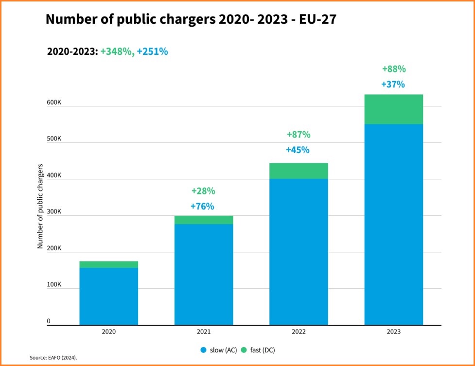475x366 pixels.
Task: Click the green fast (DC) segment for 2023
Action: (x=393, y=109)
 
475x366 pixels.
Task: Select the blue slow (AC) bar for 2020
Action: (x=108, y=296)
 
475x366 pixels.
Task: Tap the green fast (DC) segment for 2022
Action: (x=298, y=171)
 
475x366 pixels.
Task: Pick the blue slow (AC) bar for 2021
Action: (x=203, y=274)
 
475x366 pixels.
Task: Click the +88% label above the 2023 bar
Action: (x=393, y=69)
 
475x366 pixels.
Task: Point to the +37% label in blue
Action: (x=393, y=84)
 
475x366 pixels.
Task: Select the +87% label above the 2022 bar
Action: (x=298, y=134)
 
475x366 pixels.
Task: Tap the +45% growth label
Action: (x=298, y=150)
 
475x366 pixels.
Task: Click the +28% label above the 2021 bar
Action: (x=203, y=191)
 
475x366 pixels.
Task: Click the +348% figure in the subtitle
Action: (x=117, y=52)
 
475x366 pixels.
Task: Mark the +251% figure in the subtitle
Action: (x=152, y=52)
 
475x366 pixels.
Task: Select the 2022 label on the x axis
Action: (x=298, y=332)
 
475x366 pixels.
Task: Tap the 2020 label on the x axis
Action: (x=108, y=332)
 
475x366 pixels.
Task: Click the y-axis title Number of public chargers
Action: (x=40, y=207)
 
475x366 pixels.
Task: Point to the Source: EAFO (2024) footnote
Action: (x=53, y=358)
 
